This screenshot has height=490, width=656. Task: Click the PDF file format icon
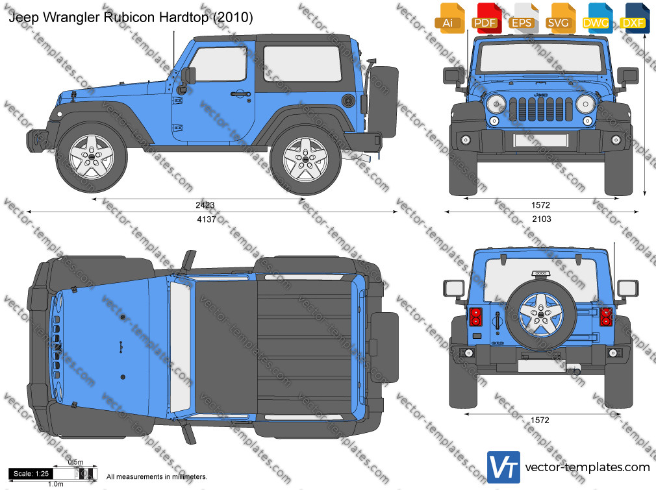click(x=486, y=18)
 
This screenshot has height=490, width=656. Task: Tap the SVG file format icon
click(x=560, y=18)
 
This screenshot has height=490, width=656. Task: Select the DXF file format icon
click(x=635, y=18)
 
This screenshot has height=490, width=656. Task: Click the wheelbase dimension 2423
click(x=205, y=205)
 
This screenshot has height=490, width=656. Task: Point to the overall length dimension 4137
click(x=207, y=219)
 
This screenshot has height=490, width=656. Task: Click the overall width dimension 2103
click(x=542, y=219)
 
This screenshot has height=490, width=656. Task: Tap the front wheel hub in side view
click(x=91, y=156)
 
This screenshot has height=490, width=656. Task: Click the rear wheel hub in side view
click(x=305, y=159)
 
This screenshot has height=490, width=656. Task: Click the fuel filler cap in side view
click(x=347, y=101)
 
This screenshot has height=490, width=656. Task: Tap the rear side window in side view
click(x=303, y=64)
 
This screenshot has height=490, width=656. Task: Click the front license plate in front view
click(x=540, y=140)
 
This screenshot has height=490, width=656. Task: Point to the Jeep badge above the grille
click(x=541, y=95)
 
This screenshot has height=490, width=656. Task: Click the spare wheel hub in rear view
click(x=540, y=314)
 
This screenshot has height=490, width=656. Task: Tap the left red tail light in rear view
click(x=475, y=317)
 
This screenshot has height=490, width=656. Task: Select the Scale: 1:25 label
click(x=31, y=474)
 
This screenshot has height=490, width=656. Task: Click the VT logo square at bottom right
click(x=503, y=467)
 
